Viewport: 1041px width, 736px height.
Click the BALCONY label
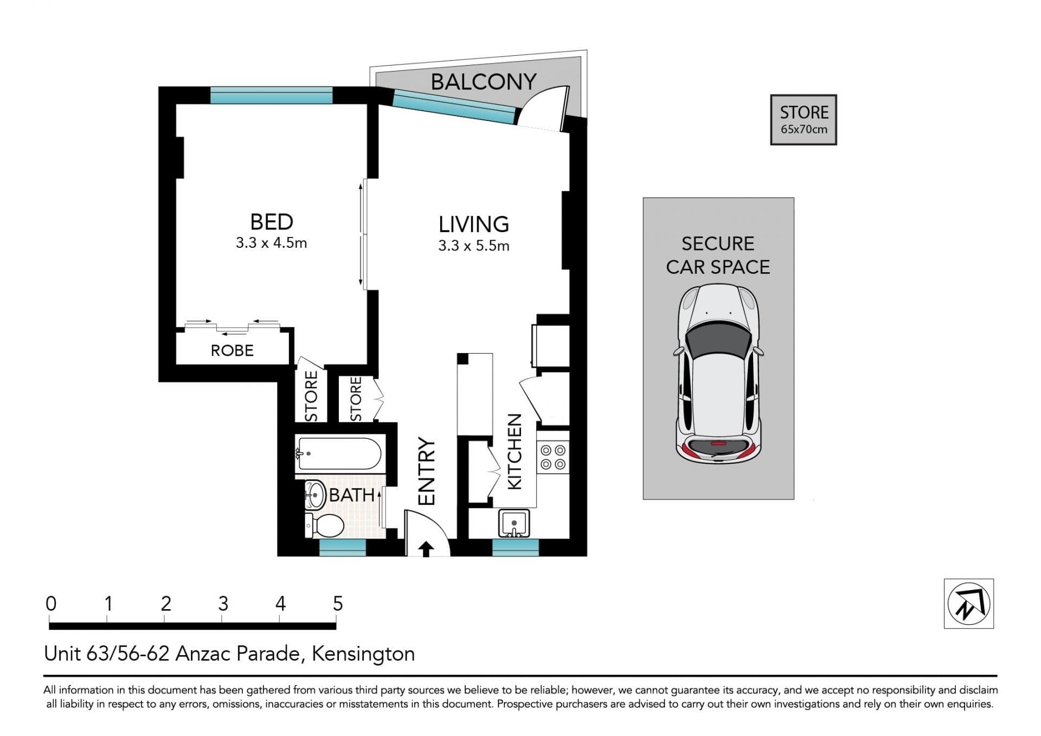pos(483,82)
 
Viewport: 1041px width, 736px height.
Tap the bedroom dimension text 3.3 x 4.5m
pos(271,243)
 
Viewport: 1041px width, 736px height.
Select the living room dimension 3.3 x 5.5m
pos(474,246)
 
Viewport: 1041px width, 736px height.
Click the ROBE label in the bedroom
pos(232,350)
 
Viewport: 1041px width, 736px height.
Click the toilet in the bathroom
pos(325,525)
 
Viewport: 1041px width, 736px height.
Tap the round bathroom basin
pos(314,495)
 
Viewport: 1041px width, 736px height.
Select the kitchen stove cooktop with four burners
pos(553,457)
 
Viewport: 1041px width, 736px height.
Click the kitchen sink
pos(514,523)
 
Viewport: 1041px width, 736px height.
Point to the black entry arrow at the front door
pos(426,549)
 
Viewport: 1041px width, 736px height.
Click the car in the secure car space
pos(718,374)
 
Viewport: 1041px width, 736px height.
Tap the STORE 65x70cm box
pos(804,120)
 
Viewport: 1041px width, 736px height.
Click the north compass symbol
pos(969,604)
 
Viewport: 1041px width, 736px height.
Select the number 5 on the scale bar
pos(338,604)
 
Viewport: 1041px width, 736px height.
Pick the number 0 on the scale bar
pos(51,604)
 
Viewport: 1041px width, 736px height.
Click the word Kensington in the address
pos(363,654)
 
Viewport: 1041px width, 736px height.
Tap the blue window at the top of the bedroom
pos(271,95)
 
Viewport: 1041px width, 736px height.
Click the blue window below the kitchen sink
pos(516,548)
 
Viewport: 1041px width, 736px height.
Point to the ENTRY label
pos(427,471)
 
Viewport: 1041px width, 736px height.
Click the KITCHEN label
pos(514,451)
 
